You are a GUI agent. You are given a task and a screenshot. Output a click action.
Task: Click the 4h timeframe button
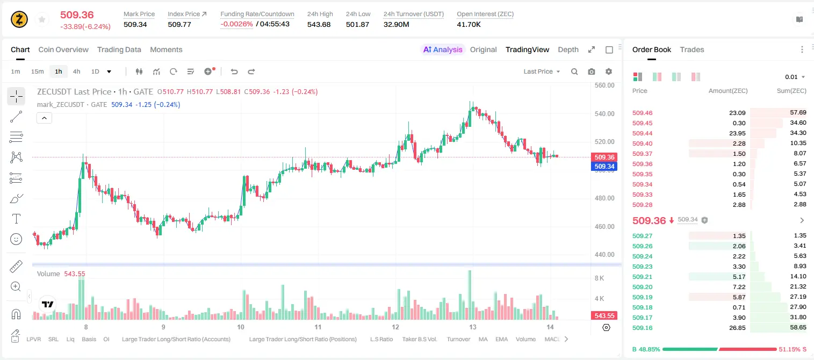point(76,71)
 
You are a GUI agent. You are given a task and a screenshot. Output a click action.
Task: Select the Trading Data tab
point(119,49)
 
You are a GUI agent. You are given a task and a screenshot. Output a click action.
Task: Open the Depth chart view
point(568,49)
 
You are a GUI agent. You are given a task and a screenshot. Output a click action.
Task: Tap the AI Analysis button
point(443,49)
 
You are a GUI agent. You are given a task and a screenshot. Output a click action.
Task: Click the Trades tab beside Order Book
point(692,49)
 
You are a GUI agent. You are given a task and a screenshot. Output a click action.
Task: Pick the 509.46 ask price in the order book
point(642,113)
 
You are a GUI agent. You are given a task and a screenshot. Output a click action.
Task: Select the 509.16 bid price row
point(642,328)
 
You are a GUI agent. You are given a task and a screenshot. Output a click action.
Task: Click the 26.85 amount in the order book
point(737,328)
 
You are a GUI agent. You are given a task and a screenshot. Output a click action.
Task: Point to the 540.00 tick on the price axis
point(604,114)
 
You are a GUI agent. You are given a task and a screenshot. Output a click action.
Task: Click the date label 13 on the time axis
point(472,327)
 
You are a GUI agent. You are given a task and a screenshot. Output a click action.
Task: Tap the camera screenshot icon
point(592,71)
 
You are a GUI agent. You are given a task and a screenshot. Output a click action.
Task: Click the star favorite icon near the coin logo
point(42,19)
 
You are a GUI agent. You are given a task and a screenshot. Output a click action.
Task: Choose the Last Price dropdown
point(542,71)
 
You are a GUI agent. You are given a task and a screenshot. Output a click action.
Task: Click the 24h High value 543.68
point(319,24)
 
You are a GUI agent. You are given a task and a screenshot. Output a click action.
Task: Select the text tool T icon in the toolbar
point(16,219)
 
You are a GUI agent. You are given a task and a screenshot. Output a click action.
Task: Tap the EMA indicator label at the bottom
point(501,339)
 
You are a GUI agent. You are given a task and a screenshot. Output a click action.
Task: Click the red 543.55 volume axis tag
point(604,316)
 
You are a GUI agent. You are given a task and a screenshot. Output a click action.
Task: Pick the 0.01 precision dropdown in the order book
point(795,77)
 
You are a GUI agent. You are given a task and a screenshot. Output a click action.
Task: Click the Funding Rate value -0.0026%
point(236,24)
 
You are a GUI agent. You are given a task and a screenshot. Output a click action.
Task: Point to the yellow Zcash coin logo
point(19,19)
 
